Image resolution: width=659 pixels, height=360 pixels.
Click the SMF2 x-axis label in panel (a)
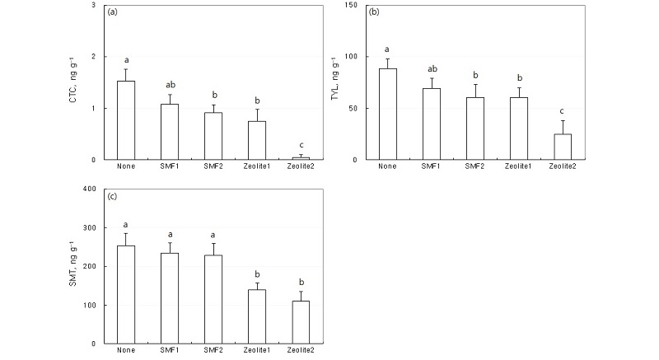[x=214, y=167]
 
